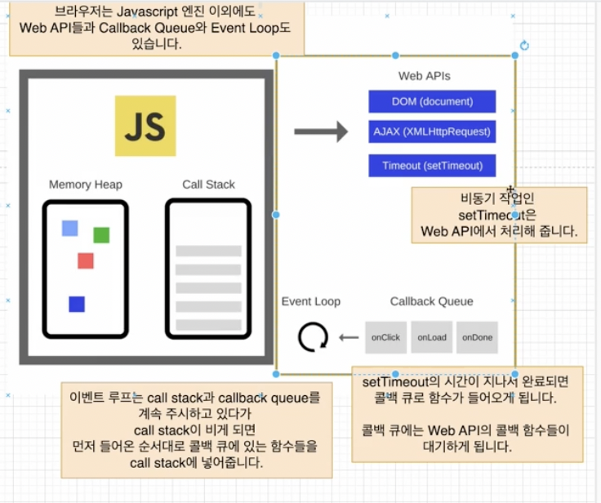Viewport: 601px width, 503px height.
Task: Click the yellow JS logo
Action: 145,126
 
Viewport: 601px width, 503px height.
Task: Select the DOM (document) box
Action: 432,101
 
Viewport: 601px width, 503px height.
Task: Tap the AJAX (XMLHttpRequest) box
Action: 432,131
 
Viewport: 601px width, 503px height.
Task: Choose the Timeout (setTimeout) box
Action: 432,166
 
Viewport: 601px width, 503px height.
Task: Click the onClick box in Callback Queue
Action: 385,337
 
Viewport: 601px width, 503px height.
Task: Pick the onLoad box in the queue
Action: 431,337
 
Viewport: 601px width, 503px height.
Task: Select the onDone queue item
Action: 477,337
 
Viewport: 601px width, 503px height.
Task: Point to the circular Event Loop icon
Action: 313,336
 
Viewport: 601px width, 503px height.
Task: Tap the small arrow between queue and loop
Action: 349,337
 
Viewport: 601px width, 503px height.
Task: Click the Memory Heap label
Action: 86,185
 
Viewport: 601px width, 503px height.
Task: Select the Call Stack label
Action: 208,185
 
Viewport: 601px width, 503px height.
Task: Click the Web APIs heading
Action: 424,76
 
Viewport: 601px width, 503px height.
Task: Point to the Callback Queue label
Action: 431,301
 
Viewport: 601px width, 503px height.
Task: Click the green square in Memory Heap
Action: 101,235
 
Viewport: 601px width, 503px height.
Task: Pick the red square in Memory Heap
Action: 86,260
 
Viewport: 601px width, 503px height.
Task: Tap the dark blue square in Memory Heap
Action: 77,304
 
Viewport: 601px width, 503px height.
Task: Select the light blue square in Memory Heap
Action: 70,228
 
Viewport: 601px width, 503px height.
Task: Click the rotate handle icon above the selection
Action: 524,45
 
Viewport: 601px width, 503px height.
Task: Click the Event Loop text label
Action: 311,301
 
